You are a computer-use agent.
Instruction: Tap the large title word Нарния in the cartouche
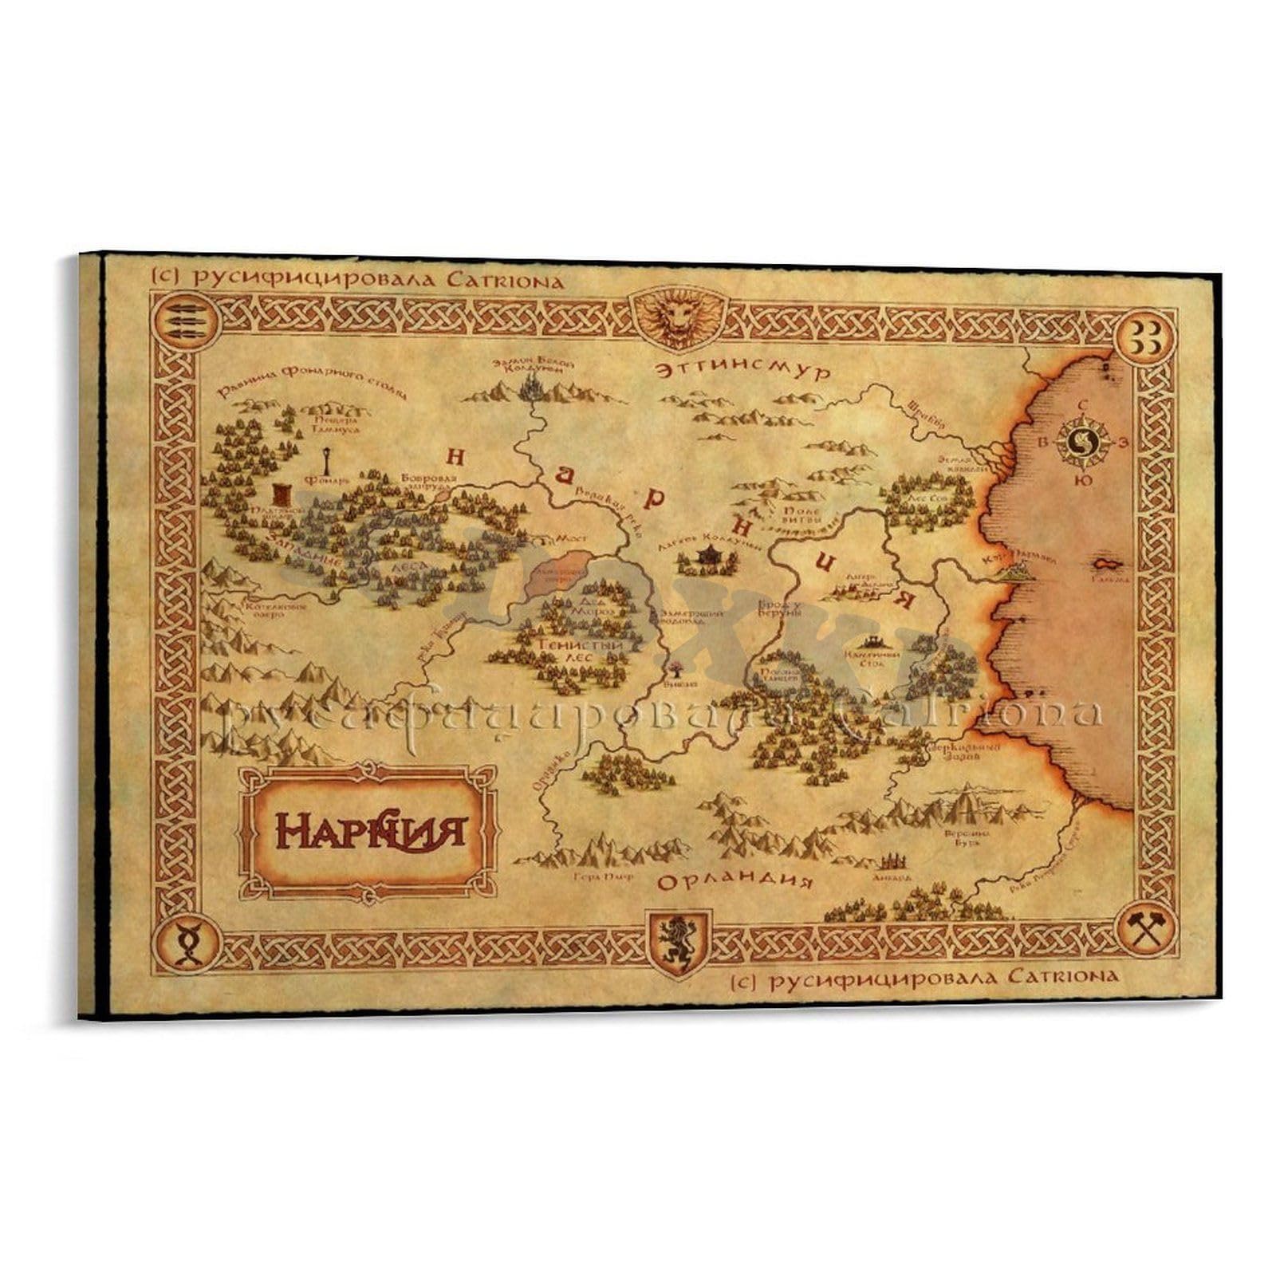point(370,829)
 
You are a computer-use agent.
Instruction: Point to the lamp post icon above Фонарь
point(329,460)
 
